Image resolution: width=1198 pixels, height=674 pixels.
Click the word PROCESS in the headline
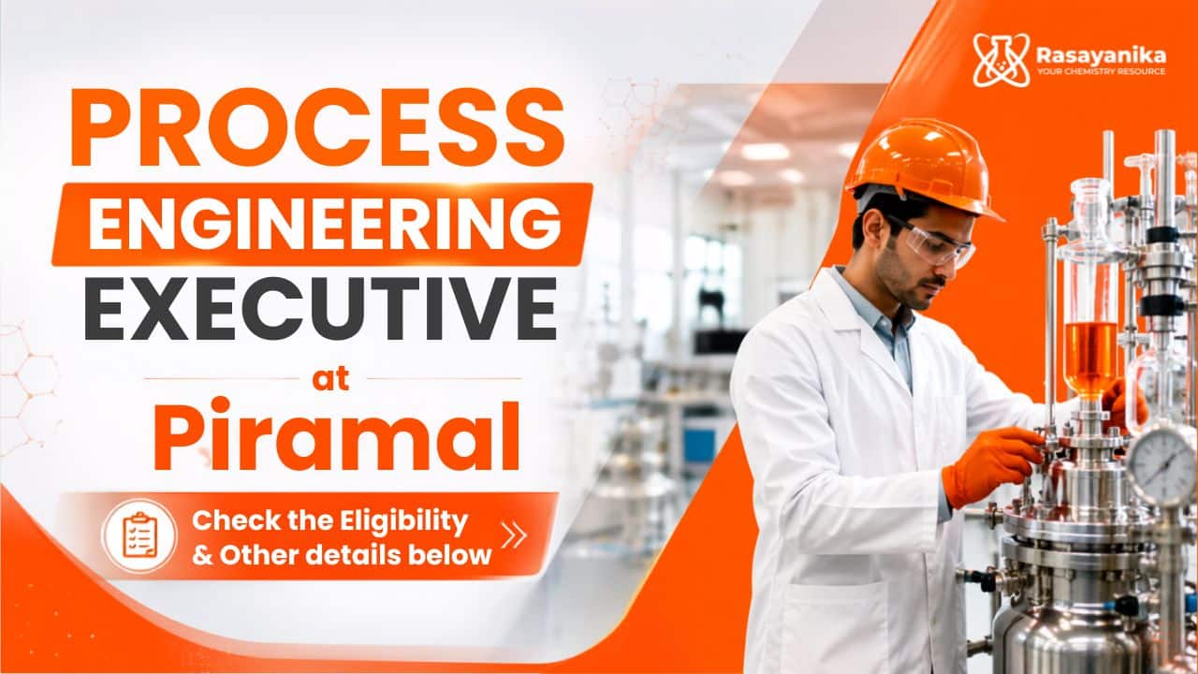(317, 127)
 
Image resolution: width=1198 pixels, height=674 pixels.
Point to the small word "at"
(331, 379)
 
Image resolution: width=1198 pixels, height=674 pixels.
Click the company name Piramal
(337, 434)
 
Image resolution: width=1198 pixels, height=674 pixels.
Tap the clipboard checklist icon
(139, 535)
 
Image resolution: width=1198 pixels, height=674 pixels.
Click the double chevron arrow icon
(514, 535)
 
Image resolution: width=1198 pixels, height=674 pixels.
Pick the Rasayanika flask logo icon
(1001, 60)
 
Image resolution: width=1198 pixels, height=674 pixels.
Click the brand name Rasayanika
(1102, 55)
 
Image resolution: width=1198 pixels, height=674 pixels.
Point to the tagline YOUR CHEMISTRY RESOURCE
(1102, 72)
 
